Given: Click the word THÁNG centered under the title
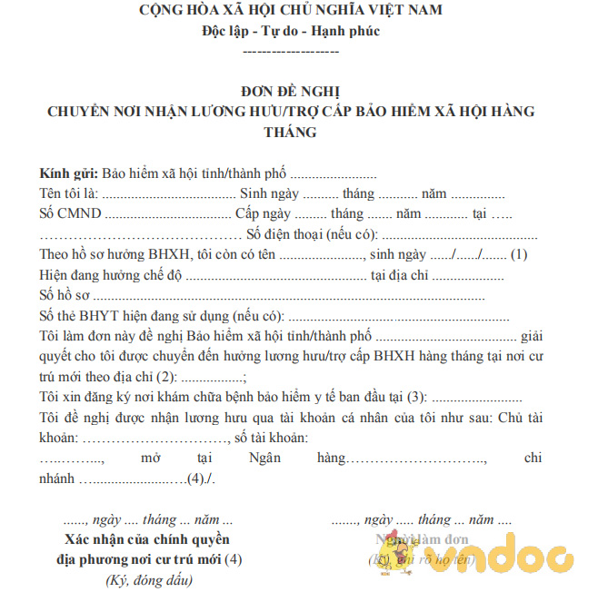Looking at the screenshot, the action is (290, 132).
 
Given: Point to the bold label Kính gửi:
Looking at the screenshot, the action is (69, 173).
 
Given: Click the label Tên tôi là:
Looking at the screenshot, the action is (68, 193).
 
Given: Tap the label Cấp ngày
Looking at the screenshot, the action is (263, 213).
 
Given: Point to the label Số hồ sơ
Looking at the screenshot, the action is (64, 295).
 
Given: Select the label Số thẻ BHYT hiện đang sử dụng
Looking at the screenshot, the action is (136, 316).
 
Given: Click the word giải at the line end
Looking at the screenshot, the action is (530, 336).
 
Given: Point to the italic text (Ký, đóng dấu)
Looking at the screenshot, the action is (149, 579).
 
